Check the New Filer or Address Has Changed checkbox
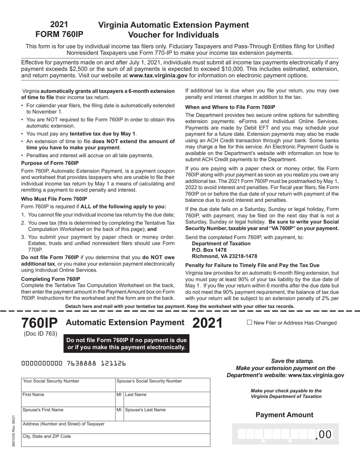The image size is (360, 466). (249, 322)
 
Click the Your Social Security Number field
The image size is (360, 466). (68, 385)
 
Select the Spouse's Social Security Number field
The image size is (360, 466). (163, 385)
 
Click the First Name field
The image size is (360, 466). (68, 400)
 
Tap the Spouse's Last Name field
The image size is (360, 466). (167, 414)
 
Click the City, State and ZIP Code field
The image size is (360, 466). (116, 440)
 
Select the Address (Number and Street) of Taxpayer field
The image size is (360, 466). (116, 428)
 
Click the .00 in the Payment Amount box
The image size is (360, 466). (324, 435)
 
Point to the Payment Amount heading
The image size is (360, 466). (284, 415)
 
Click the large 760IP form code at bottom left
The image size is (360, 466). (39, 323)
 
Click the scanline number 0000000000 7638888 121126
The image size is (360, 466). (74, 363)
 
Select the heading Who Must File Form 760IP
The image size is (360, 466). (54, 199)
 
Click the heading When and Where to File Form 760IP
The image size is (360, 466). (230, 107)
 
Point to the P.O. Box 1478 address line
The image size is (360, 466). (209, 250)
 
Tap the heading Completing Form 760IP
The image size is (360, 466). (50, 279)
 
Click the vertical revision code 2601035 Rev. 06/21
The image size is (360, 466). (14, 431)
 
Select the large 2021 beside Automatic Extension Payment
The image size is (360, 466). (207, 323)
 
